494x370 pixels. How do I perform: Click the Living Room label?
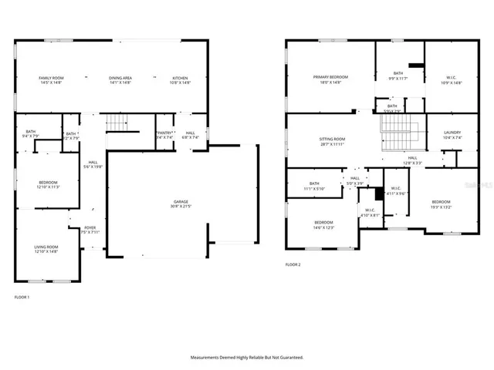point(46,248)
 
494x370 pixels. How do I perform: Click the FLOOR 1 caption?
point(22,296)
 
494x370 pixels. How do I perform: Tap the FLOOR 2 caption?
point(293,264)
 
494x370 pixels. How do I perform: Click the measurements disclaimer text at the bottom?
point(247,357)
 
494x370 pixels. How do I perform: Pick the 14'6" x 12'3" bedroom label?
point(323,224)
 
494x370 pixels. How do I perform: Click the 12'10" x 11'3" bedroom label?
point(49,184)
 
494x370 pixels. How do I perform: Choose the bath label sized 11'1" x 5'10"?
point(314,186)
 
